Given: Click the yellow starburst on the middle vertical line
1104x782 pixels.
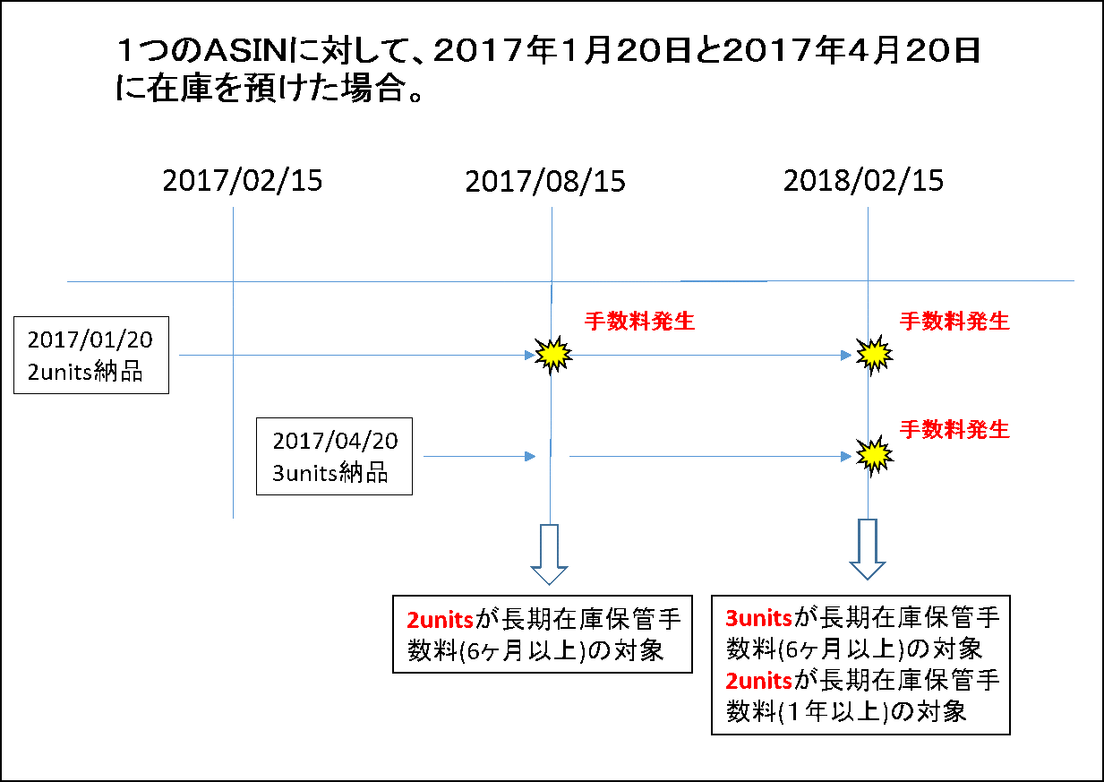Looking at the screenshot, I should point(553,355).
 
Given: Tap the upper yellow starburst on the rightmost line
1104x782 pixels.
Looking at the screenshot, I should point(874,355).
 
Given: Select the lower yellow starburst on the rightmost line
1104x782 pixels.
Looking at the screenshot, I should point(874,455).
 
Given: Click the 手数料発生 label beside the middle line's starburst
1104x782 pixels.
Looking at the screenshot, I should point(639,322).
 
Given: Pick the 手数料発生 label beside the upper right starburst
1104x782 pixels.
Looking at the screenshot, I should point(954,322).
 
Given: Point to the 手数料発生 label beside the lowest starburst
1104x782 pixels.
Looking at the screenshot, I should point(954,430).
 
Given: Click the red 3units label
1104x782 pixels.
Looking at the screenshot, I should point(758,618).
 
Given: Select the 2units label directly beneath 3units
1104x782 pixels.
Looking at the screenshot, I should point(758,681).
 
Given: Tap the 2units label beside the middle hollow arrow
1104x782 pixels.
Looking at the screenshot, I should point(440,620).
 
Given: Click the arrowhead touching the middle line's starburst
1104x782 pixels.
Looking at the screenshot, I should point(530,356).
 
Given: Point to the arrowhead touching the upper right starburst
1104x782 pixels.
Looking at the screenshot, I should point(846,356).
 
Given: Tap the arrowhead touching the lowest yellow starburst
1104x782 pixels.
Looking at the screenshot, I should point(846,457).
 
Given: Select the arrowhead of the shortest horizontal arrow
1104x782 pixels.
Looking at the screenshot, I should point(530,457).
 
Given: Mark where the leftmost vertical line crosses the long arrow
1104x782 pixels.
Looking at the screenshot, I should point(233,356).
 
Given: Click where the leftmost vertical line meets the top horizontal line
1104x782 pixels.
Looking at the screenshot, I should point(233,281).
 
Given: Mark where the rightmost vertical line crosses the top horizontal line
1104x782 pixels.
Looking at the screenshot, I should point(868,280).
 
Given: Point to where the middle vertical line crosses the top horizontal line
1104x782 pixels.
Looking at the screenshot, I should point(552,281).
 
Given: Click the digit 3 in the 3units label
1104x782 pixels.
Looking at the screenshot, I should point(731,618).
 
